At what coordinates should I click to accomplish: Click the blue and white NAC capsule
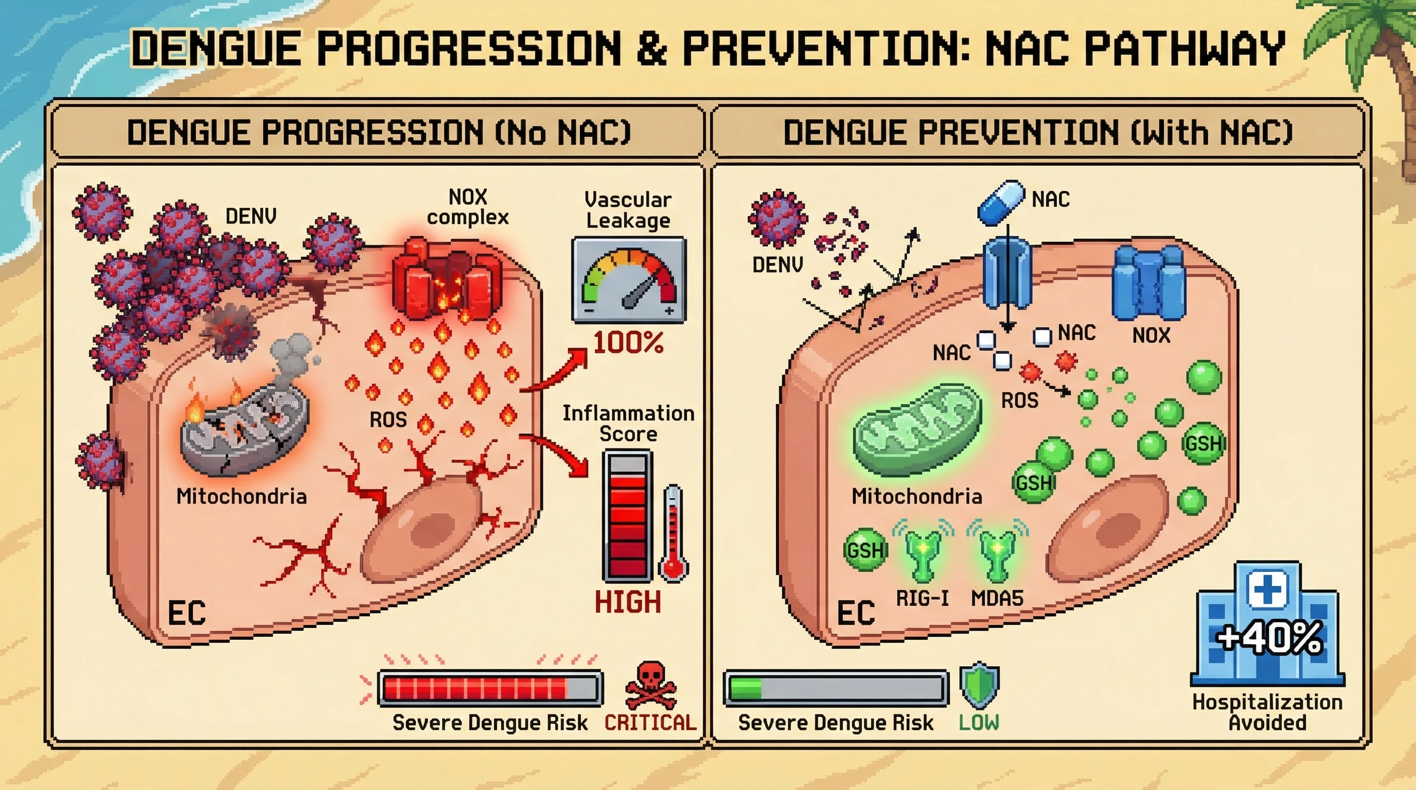(x=1001, y=202)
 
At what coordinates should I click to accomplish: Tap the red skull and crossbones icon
(x=650, y=686)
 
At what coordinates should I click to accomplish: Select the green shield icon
(x=979, y=686)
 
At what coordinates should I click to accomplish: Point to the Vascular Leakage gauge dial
(x=629, y=280)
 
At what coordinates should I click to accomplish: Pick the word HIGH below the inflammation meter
(x=628, y=602)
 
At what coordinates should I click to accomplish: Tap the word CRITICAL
(x=650, y=723)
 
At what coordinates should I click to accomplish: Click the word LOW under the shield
(x=979, y=723)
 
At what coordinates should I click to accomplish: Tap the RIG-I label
(x=922, y=598)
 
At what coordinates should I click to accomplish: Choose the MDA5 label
(x=997, y=598)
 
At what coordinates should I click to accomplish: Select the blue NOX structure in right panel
(x=1148, y=283)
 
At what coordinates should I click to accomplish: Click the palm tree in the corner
(x=1374, y=55)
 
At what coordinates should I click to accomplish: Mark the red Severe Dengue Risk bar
(x=490, y=688)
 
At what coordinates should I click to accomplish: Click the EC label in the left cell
(x=187, y=613)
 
